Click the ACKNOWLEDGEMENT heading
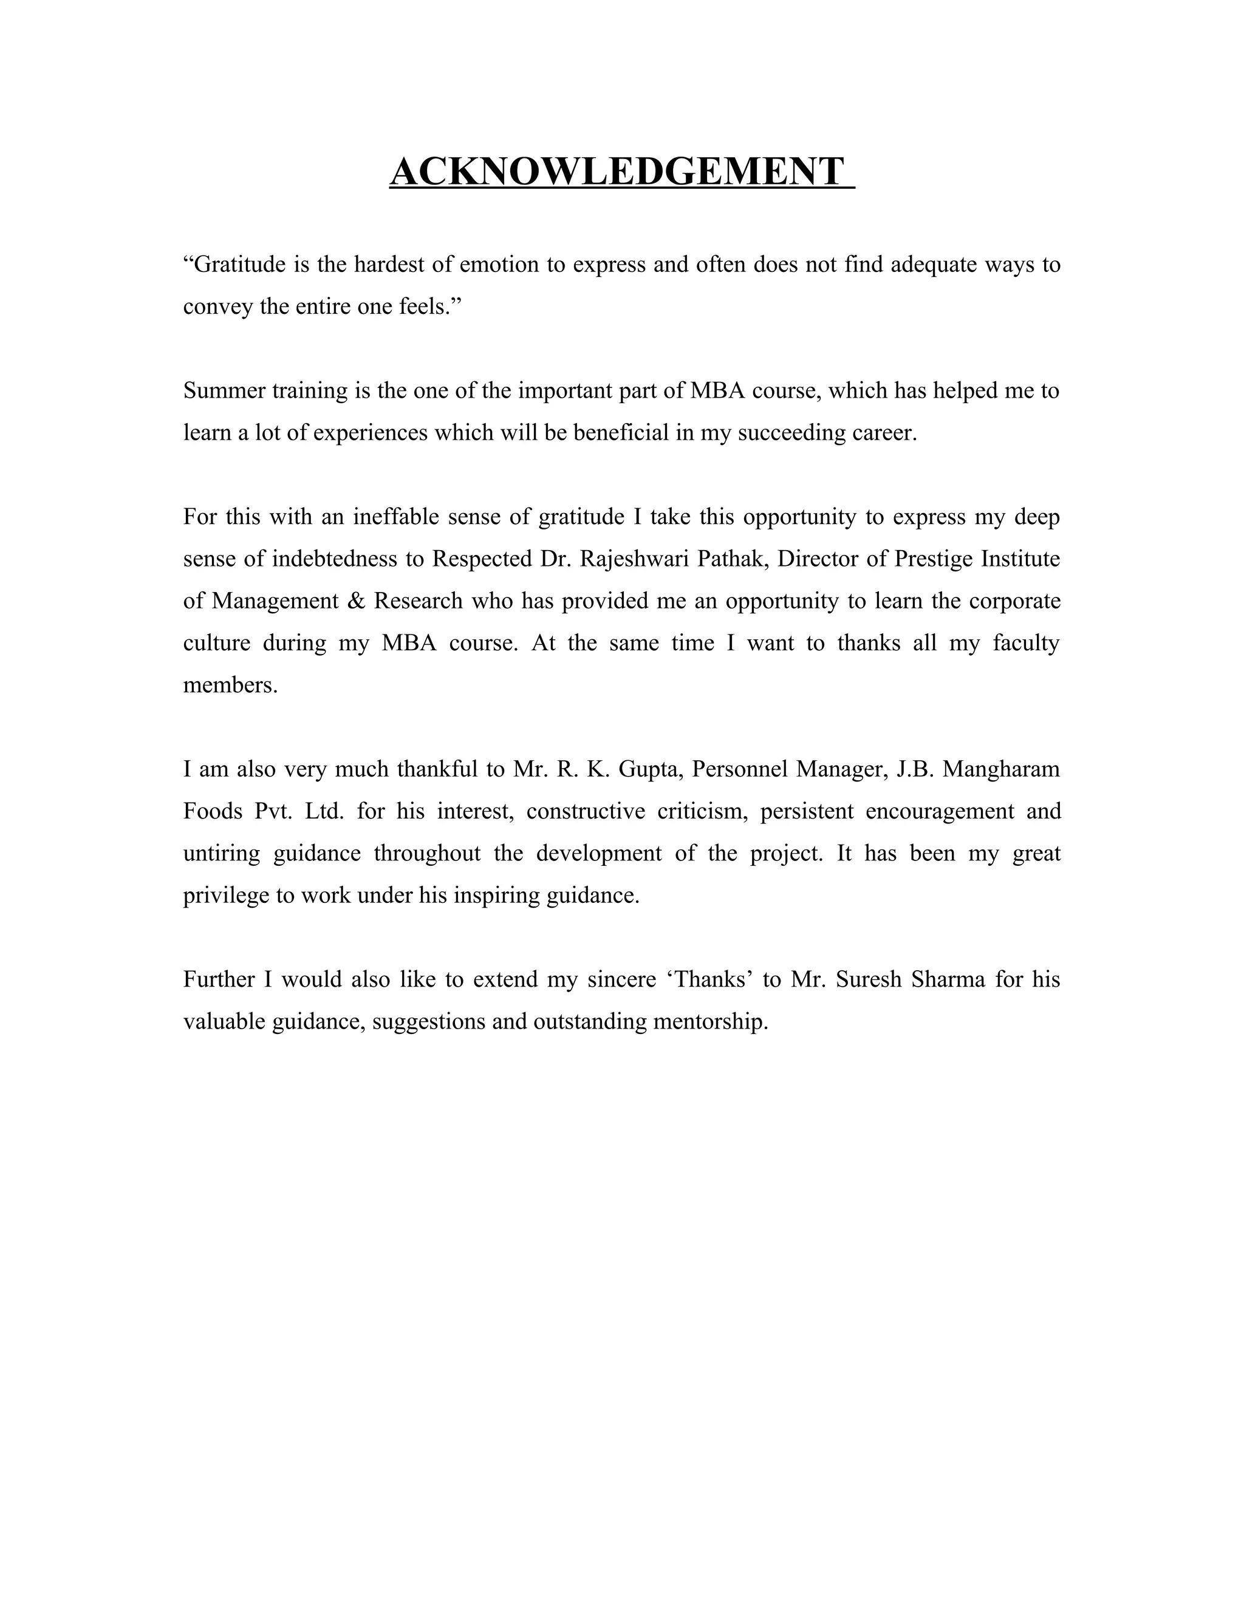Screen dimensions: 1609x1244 (617, 172)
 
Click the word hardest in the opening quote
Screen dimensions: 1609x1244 (390, 265)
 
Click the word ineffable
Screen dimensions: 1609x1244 (396, 517)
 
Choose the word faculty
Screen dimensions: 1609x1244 (1026, 643)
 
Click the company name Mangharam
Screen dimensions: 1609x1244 (1001, 770)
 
